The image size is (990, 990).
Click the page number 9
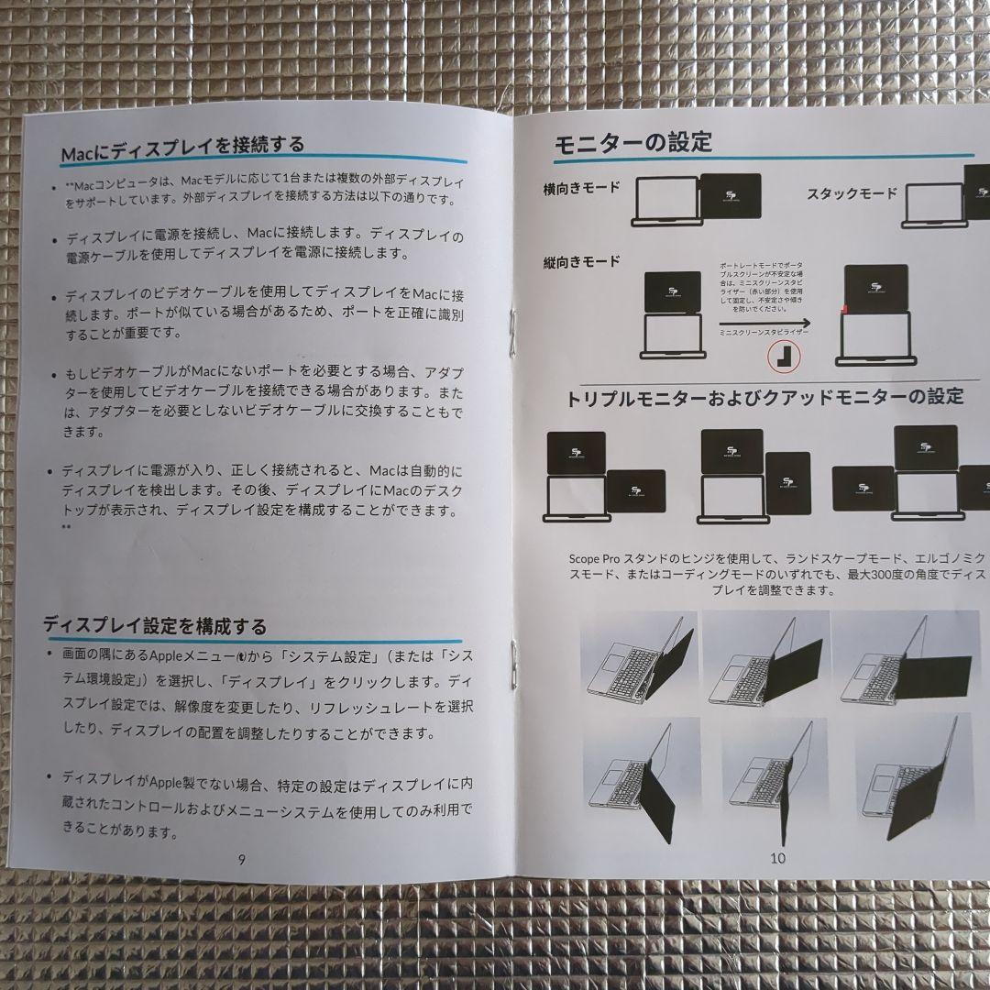click(240, 860)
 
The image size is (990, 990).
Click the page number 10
click(778, 859)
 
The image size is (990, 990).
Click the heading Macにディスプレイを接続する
click(181, 146)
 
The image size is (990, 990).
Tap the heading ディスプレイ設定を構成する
click(156, 626)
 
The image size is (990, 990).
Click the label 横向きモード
click(581, 187)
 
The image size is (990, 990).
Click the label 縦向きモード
click(581, 261)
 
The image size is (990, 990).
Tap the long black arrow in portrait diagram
click(765, 323)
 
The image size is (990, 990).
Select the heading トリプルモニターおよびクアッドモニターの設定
click(765, 397)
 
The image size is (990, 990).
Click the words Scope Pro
click(595, 557)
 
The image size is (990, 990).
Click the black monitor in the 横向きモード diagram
click(729, 195)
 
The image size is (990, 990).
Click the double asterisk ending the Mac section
click(66, 527)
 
